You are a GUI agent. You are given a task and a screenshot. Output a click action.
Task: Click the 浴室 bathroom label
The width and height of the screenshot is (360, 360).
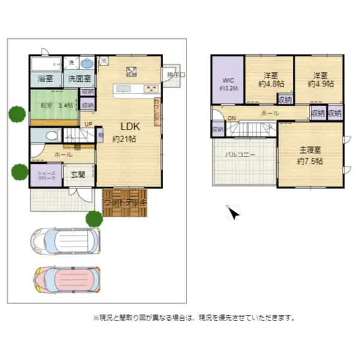(45, 79)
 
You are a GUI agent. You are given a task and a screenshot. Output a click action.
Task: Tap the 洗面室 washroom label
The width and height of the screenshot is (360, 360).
(79, 79)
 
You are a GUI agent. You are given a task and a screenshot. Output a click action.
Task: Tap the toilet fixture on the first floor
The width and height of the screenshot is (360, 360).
(50, 136)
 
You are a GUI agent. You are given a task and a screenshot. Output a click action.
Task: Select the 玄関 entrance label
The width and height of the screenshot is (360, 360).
(78, 175)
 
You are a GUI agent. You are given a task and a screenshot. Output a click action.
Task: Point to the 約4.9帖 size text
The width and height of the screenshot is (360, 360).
(319, 85)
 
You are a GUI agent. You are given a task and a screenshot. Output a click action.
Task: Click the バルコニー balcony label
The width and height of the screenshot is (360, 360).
(240, 154)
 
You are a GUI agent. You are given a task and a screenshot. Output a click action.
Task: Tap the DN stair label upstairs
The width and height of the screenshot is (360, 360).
(232, 118)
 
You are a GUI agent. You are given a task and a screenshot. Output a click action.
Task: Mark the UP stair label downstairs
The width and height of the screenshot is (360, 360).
(88, 125)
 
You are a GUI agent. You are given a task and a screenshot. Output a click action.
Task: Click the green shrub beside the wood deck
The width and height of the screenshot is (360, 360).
(94, 218)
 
